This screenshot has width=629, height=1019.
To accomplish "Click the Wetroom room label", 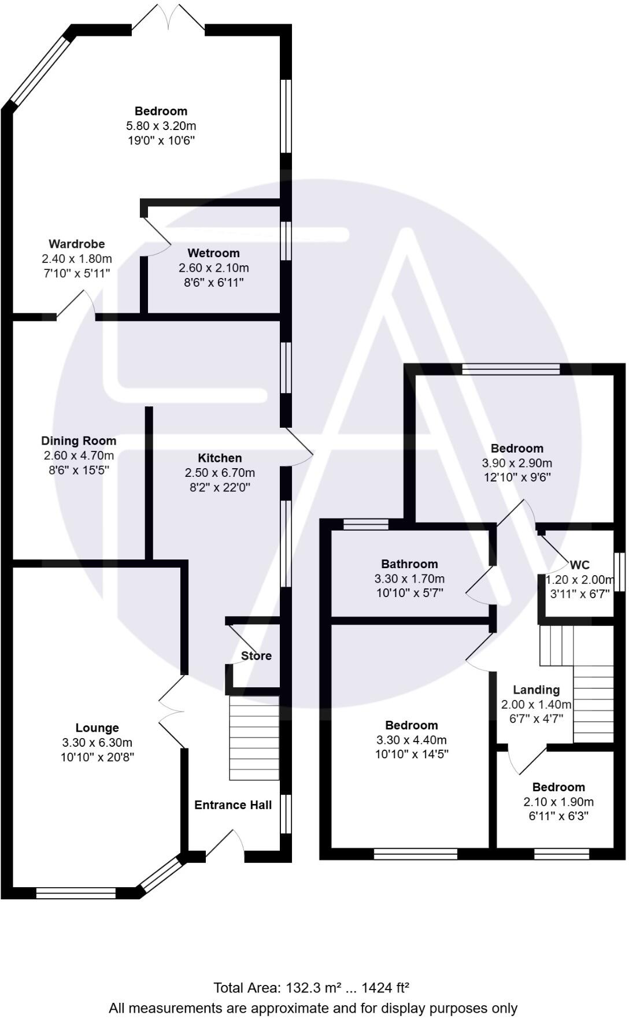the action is click(213, 253).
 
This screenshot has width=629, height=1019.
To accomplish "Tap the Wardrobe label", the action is click(76, 244).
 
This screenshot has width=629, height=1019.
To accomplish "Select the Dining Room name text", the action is click(79, 441).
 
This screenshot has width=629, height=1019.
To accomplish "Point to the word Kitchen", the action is click(220, 458).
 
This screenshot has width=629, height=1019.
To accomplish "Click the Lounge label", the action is click(97, 728).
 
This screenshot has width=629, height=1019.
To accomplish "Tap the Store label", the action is click(256, 656).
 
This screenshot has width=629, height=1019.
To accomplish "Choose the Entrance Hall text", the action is click(233, 805).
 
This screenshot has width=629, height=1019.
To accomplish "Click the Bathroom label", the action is click(409, 564).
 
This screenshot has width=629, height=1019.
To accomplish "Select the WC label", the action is click(580, 565).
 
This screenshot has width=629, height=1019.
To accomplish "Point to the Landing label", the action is click(536, 690).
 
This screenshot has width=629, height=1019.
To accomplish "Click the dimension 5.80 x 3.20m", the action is click(161, 126).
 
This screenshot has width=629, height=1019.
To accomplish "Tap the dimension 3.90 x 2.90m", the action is click(517, 463).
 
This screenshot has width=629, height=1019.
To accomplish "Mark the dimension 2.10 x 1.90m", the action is click(558, 802).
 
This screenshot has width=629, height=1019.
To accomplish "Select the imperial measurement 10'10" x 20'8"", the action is click(97, 757).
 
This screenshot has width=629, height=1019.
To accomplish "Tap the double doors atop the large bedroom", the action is click(168, 18).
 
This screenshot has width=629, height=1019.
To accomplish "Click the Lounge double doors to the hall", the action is click(172, 712).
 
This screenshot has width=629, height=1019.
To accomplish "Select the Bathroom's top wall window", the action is click(365, 524).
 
